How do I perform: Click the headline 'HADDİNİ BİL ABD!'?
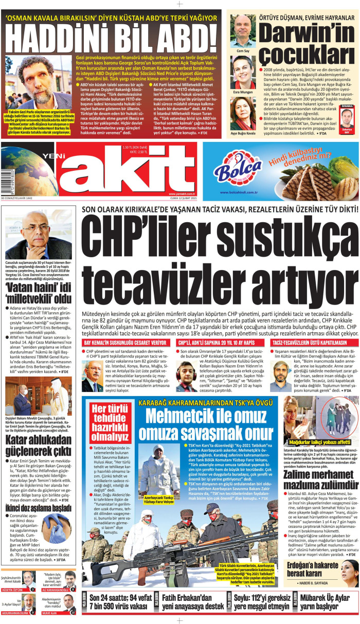pyautogui.click(x=113, y=38)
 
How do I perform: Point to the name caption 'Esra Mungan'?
pyautogui.click(x=243, y=93)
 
